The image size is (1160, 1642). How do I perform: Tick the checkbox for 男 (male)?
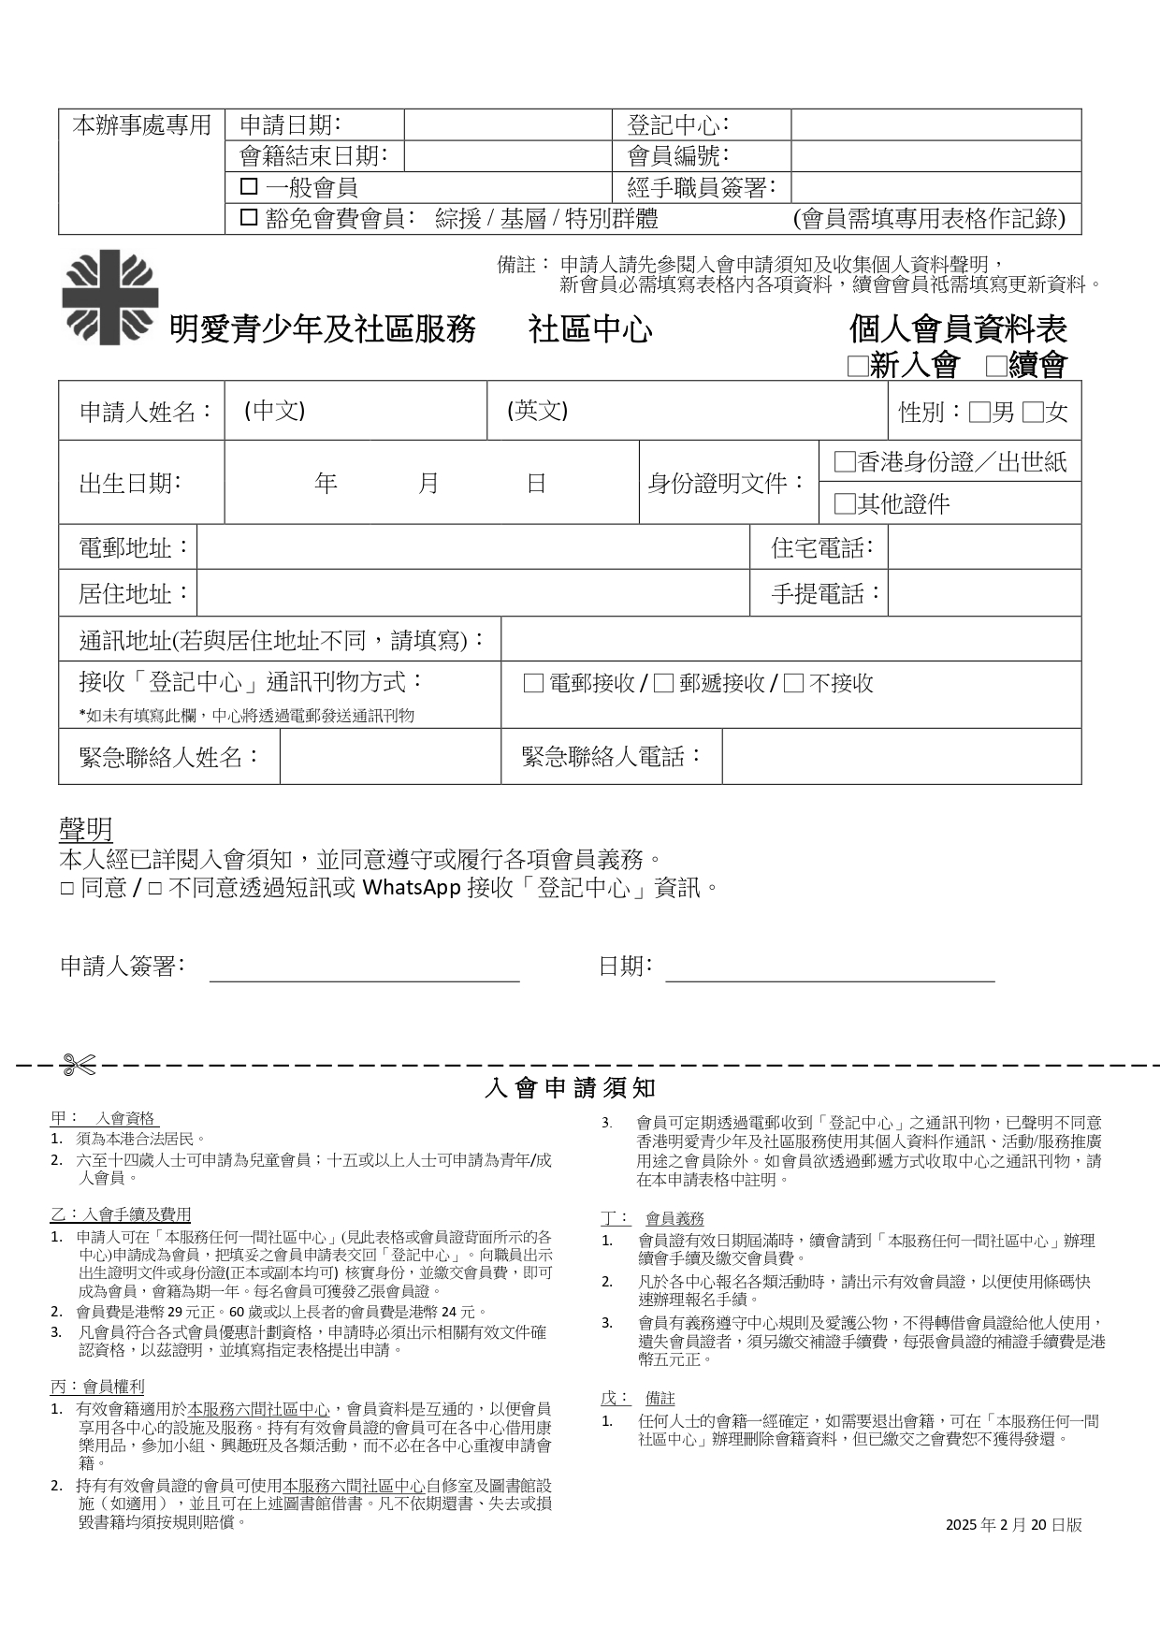tap(979, 413)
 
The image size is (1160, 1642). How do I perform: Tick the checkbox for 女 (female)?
tap(1033, 413)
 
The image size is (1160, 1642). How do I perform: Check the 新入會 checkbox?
tap(857, 366)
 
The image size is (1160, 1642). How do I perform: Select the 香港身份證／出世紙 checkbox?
tap(845, 462)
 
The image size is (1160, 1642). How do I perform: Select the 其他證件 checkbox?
tap(845, 504)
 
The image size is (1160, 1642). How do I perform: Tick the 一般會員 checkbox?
tap(249, 187)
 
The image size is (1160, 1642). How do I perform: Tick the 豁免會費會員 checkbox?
tap(249, 218)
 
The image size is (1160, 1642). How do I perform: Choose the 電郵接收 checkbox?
tap(533, 684)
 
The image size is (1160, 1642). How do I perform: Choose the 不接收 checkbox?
tap(793, 684)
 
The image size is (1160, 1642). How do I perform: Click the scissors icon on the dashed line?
tap(79, 1064)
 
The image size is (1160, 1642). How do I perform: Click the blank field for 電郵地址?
tap(472, 547)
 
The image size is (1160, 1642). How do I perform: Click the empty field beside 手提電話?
tap(983, 593)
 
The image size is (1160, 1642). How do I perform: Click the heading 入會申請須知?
tap(571, 1088)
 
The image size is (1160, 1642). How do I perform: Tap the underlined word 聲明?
tap(86, 829)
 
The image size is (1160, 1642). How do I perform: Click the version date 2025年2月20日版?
tap(1013, 1525)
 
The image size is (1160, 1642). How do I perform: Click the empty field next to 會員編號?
tap(935, 156)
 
